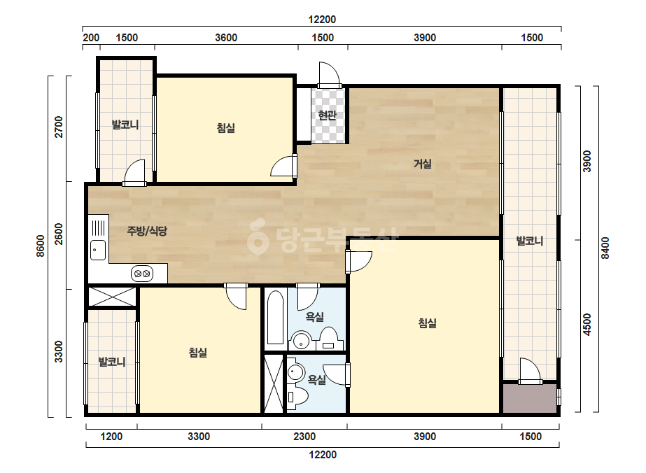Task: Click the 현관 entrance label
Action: pyautogui.click(x=327, y=115)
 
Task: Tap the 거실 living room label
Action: pyautogui.click(x=423, y=164)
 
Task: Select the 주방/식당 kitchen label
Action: pyautogui.click(x=147, y=231)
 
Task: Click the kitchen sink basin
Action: pyautogui.click(x=98, y=250)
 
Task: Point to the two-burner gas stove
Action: pyautogui.click(x=142, y=274)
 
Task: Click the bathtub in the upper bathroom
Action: pyautogui.click(x=275, y=317)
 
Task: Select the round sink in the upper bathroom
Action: pyautogui.click(x=301, y=340)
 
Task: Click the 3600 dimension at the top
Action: pyautogui.click(x=226, y=38)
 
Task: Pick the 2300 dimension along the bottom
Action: pyautogui.click(x=304, y=437)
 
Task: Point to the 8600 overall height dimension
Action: pyautogui.click(x=41, y=246)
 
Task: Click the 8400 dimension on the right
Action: pyautogui.click(x=605, y=248)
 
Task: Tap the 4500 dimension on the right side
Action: pyautogui.click(x=587, y=325)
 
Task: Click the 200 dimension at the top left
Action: pyautogui.click(x=91, y=38)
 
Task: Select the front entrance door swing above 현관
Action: pyautogui.click(x=329, y=75)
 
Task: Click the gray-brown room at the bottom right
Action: pyautogui.click(x=529, y=398)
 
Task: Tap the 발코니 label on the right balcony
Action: pyautogui.click(x=530, y=241)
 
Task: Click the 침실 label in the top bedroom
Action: pyautogui.click(x=226, y=128)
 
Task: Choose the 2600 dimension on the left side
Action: pyautogui.click(x=59, y=234)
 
